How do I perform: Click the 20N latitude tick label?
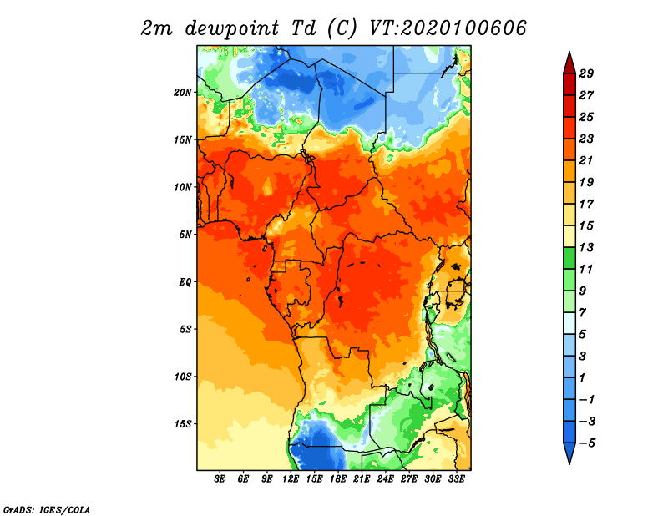[x=183, y=92]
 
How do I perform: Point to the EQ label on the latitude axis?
[x=185, y=281]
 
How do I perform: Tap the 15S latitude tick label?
[x=183, y=424]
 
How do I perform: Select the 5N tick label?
[x=185, y=235]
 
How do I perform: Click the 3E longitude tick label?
[x=220, y=478]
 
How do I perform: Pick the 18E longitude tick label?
[x=338, y=478]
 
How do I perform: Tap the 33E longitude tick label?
[x=456, y=478]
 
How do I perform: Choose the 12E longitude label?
[x=291, y=478]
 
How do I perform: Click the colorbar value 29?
[x=586, y=73]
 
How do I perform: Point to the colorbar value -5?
[x=587, y=443]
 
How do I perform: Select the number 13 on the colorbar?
[x=586, y=247]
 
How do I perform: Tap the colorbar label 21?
[x=586, y=160]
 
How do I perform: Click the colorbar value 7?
[x=582, y=313]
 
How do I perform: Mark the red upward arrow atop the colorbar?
[x=569, y=63]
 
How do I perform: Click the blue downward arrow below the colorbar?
[x=569, y=453]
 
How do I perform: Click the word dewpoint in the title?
[x=232, y=28]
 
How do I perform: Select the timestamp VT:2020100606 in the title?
[x=448, y=28]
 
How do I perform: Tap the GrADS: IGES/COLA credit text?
[x=47, y=509]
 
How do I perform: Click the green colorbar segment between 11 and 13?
[x=569, y=258]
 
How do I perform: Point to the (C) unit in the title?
[x=342, y=28]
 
